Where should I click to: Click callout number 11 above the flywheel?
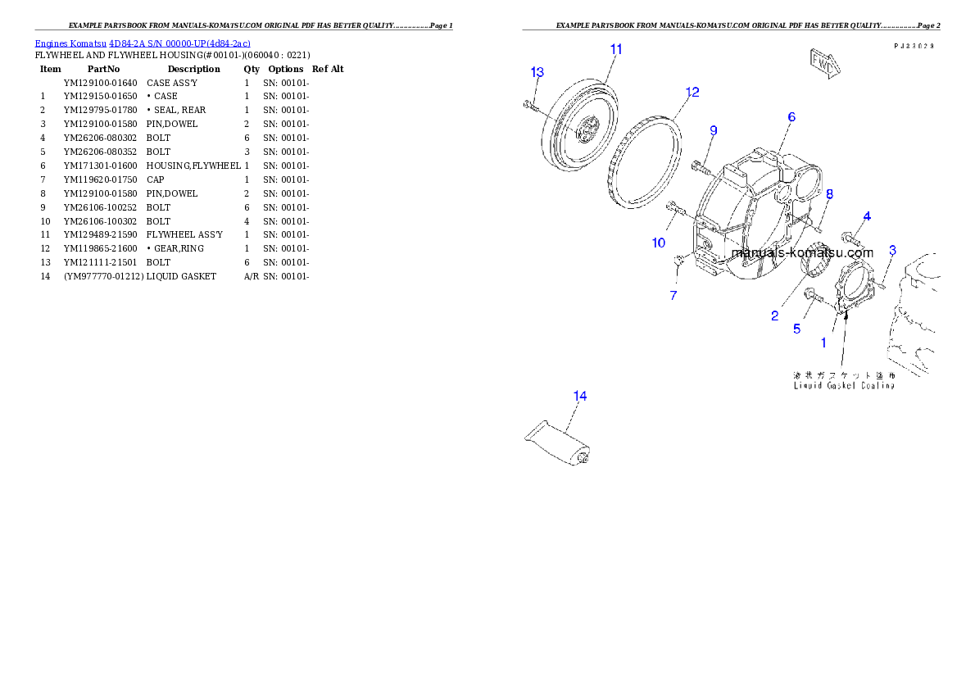click(616, 49)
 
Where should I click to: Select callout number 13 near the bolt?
click(537, 72)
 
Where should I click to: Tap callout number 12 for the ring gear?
click(692, 92)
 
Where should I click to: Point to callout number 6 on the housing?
click(791, 117)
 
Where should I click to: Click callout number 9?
click(714, 130)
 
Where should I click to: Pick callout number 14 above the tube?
click(579, 396)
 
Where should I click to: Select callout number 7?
click(673, 295)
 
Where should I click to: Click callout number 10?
click(659, 243)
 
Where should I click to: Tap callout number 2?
click(774, 315)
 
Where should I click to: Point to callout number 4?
click(866, 216)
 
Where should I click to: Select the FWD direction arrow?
click(822, 63)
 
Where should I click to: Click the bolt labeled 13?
click(530, 104)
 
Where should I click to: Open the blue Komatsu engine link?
click(143, 43)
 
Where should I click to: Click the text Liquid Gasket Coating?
click(843, 385)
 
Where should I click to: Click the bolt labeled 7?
click(679, 261)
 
